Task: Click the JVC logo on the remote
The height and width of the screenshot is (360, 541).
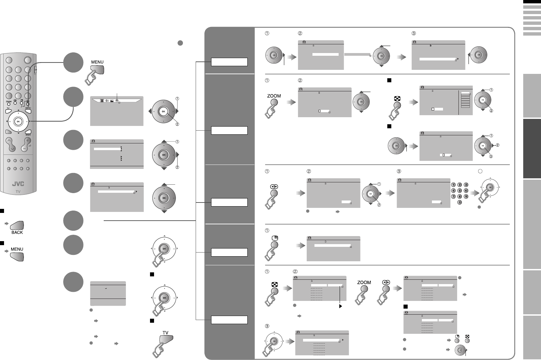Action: pyautogui.click(x=18, y=184)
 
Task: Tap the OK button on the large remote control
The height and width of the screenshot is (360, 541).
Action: pyautogui.click(x=18, y=121)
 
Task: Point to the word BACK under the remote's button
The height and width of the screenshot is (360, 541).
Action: pyautogui.click(x=28, y=135)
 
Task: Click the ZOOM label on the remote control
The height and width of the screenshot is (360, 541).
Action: pyautogui.click(x=8, y=101)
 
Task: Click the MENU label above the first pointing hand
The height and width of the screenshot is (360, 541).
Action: pyautogui.click(x=97, y=62)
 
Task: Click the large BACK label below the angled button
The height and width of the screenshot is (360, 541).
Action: pyautogui.click(x=17, y=232)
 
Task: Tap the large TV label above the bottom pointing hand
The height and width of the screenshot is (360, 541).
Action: pyautogui.click(x=165, y=333)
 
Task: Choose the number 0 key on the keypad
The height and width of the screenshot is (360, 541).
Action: pyautogui.click(x=459, y=202)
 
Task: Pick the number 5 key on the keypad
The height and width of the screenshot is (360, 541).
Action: pyautogui.click(x=459, y=191)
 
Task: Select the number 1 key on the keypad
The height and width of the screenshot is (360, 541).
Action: pyautogui.click(x=453, y=185)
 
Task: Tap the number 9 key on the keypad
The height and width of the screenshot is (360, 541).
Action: pyautogui.click(x=466, y=196)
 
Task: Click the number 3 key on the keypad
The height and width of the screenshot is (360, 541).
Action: pyautogui.click(x=466, y=185)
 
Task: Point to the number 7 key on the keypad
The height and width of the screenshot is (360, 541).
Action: pyautogui.click(x=453, y=196)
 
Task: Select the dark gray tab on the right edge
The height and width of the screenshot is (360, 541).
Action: pyautogui.click(x=532, y=149)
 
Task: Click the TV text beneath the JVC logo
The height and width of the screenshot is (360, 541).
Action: pyautogui.click(x=18, y=191)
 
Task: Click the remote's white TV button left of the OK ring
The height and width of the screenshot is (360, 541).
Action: pyautogui.click(x=8, y=112)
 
